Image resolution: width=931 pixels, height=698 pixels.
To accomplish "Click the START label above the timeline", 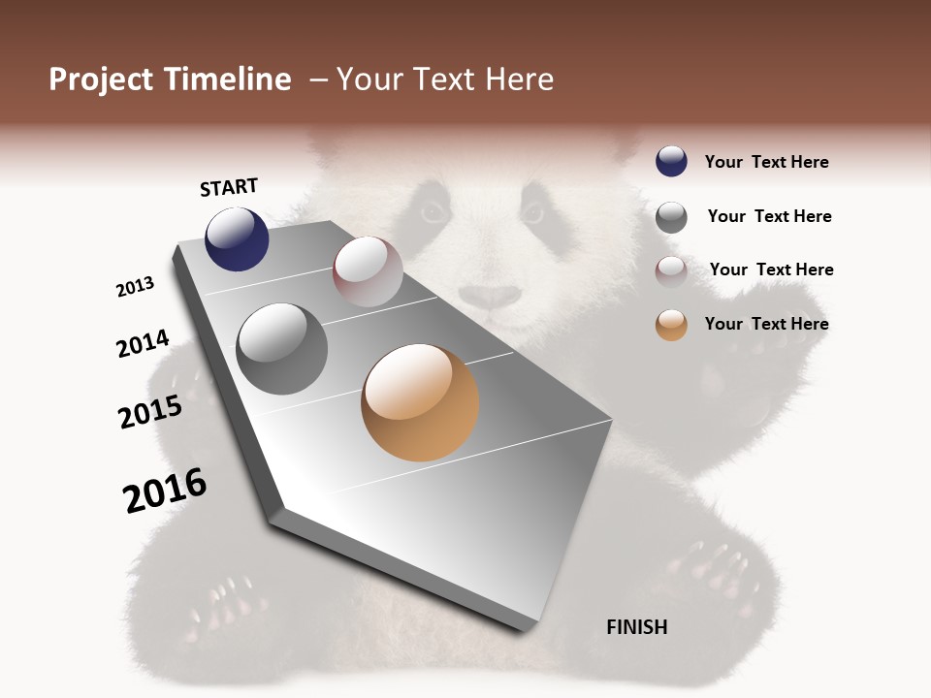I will click(229, 187).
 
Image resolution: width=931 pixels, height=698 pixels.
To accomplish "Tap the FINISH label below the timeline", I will click(636, 627).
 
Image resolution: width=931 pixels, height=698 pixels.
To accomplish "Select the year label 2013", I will click(135, 287).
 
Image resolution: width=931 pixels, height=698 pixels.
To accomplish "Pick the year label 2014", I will click(143, 344).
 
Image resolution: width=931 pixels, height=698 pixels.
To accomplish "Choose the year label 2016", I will click(165, 491).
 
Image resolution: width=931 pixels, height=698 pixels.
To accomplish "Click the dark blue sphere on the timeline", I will click(237, 238).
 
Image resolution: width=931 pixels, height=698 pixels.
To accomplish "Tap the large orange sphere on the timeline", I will click(420, 402).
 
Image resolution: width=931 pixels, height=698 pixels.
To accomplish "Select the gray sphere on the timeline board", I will click(282, 349).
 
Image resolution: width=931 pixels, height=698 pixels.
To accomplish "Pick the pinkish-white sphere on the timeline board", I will click(368, 271).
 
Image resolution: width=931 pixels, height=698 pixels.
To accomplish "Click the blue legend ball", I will click(671, 162).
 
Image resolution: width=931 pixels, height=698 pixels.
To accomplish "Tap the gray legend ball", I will click(671, 217).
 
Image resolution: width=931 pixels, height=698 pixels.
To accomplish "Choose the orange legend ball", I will click(671, 325).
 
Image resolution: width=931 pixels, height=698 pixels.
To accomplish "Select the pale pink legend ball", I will click(671, 270).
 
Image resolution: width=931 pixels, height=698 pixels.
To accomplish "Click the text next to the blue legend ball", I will click(766, 163).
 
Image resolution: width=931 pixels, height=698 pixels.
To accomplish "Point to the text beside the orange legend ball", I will click(766, 324).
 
